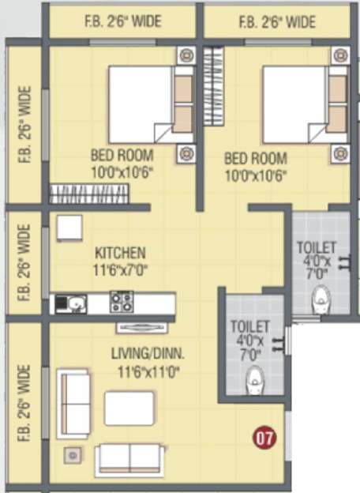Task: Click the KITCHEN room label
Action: [x=120, y=254]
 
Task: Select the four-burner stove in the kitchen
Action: [x=122, y=301]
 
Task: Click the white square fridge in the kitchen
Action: [x=69, y=228]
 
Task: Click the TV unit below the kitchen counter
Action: [x=141, y=326]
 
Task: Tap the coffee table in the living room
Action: [x=129, y=408]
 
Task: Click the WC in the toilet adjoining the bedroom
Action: [x=321, y=299]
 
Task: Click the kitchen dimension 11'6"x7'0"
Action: [x=121, y=269]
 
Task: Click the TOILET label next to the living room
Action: [x=249, y=326]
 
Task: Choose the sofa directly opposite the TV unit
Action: [x=129, y=458]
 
